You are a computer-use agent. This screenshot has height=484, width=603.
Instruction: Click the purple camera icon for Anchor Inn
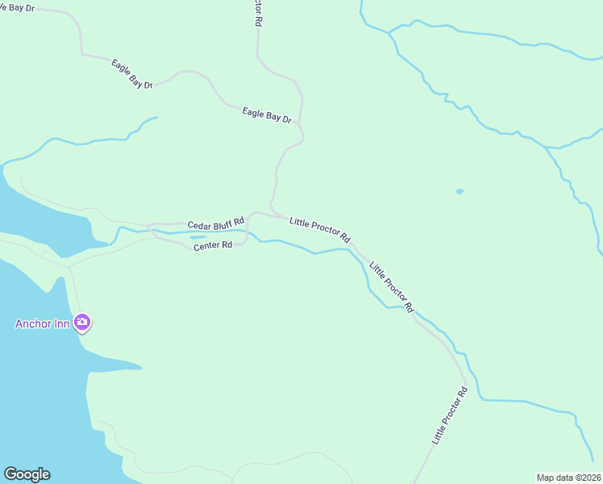[x=81, y=323]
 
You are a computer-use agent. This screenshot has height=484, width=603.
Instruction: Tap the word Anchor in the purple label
[x=35, y=324]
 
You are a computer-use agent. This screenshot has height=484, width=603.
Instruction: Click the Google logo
[x=27, y=474]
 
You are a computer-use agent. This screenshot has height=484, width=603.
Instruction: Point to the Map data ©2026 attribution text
[x=568, y=478]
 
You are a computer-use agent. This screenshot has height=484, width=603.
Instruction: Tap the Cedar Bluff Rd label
[x=215, y=223]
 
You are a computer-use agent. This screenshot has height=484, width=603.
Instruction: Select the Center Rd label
[x=213, y=245]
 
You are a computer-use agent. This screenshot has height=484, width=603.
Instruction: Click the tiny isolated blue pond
[x=460, y=191]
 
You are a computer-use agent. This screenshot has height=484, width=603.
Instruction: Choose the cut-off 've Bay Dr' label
[x=18, y=6]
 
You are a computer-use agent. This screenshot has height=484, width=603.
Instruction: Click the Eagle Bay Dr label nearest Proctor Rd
[x=266, y=115]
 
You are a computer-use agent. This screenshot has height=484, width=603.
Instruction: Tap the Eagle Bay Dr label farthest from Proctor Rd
[x=131, y=73]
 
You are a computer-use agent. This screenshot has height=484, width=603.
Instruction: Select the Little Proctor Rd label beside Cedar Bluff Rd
[x=320, y=229]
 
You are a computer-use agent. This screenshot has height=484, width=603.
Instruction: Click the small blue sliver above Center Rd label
[x=198, y=237]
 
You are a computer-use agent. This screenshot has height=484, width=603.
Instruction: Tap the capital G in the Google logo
[x=10, y=474]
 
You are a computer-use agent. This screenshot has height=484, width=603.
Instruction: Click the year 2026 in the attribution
[x=589, y=478]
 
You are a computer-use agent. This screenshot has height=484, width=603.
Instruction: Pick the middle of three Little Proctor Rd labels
[x=391, y=286]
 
